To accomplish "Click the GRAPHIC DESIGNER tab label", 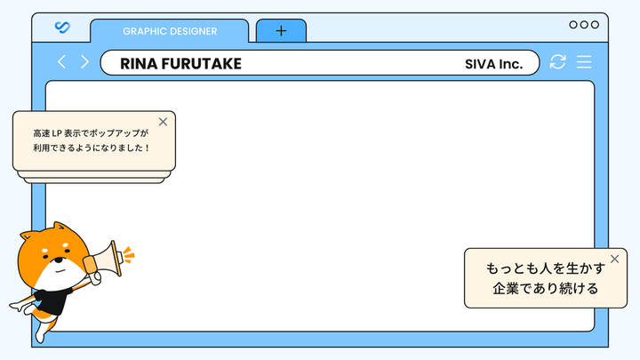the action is point(170,31).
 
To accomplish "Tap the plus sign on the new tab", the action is point(281,30).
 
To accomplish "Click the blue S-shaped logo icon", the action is point(62,27).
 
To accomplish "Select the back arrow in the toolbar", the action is point(61,62).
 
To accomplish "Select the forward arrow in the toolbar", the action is point(84,62).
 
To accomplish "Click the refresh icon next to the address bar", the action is point(557,62).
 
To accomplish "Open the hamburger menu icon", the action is point(584,62).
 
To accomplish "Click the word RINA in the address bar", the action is point(139,64).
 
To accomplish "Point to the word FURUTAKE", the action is point(202,64).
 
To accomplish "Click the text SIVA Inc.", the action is point(494,64).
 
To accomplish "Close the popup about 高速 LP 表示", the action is point(163,122).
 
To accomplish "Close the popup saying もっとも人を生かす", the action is point(615,259).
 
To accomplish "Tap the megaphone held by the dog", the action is point(104,260).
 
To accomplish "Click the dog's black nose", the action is point(60,260).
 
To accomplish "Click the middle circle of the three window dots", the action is point(584,25).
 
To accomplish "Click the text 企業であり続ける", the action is point(545,289).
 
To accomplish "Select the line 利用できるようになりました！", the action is point(92,148).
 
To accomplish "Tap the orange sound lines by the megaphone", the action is point(129,255).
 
